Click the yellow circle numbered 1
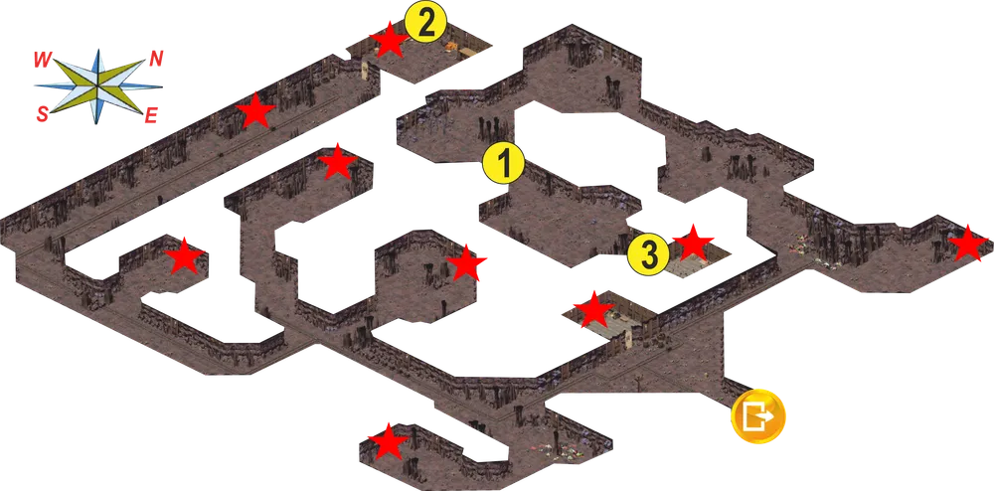pyautogui.click(x=503, y=163)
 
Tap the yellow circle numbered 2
pyautogui.click(x=426, y=24)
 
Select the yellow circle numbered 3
pyautogui.click(x=648, y=254)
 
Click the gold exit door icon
pyautogui.click(x=758, y=416)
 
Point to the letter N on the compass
pyautogui.click(x=156, y=60)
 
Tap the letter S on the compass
pyautogui.click(x=42, y=114)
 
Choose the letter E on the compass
pyautogui.click(x=151, y=115)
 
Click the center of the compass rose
pyautogui.click(x=97, y=85)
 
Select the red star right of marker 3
pyautogui.click(x=693, y=243)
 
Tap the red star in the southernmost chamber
pyautogui.click(x=388, y=441)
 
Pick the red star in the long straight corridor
pyautogui.click(x=255, y=111)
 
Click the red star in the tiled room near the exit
pyautogui.click(x=593, y=310)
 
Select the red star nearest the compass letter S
pyautogui.click(x=184, y=256)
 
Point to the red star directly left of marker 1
pyautogui.click(x=337, y=162)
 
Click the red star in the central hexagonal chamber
pyautogui.click(x=466, y=263)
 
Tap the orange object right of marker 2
pyautogui.click(x=452, y=45)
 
